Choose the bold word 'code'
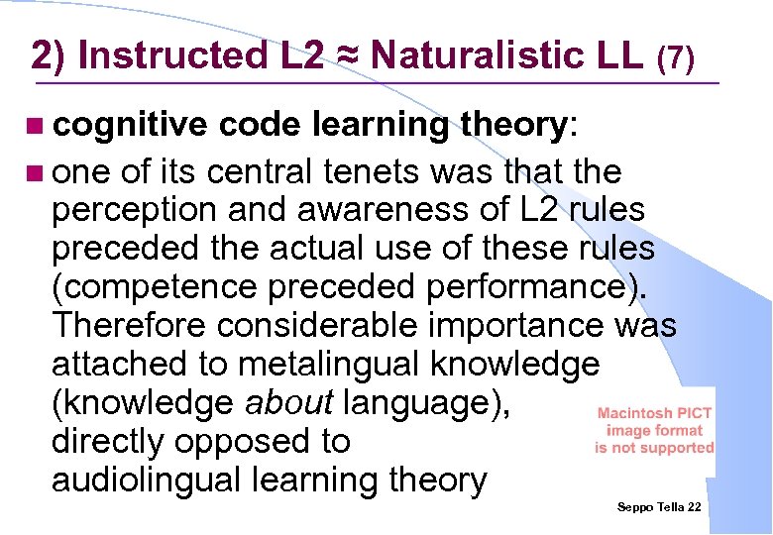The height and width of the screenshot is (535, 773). [x=261, y=125]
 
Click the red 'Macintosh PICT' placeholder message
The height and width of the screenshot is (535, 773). [x=654, y=431]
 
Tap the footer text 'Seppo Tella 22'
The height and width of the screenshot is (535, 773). [x=659, y=506]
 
